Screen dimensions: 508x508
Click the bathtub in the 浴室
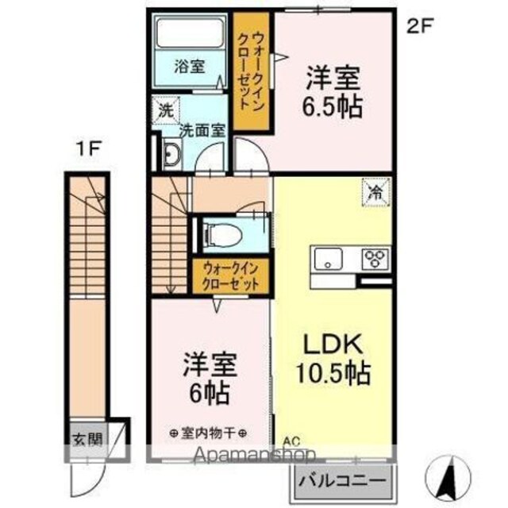tap(190, 33)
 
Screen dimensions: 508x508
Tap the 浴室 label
tap(189, 67)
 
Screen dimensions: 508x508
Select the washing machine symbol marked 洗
tap(166, 110)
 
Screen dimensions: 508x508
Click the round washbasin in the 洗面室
tap(172, 154)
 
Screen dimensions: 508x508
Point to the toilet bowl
tap(224, 234)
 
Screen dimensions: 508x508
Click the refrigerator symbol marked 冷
tap(377, 191)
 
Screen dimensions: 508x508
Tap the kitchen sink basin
tap(329, 259)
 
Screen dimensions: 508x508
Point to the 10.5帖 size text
tap(333, 373)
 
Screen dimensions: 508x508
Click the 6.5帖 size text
tap(332, 106)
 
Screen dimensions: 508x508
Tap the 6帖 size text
tap(210, 393)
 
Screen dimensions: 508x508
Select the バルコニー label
tap(342, 480)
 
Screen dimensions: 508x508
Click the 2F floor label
tap(420, 27)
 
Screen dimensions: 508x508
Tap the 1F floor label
tap(89, 149)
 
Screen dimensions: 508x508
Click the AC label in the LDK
tap(291, 441)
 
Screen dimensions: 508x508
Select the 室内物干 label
tap(208, 433)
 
